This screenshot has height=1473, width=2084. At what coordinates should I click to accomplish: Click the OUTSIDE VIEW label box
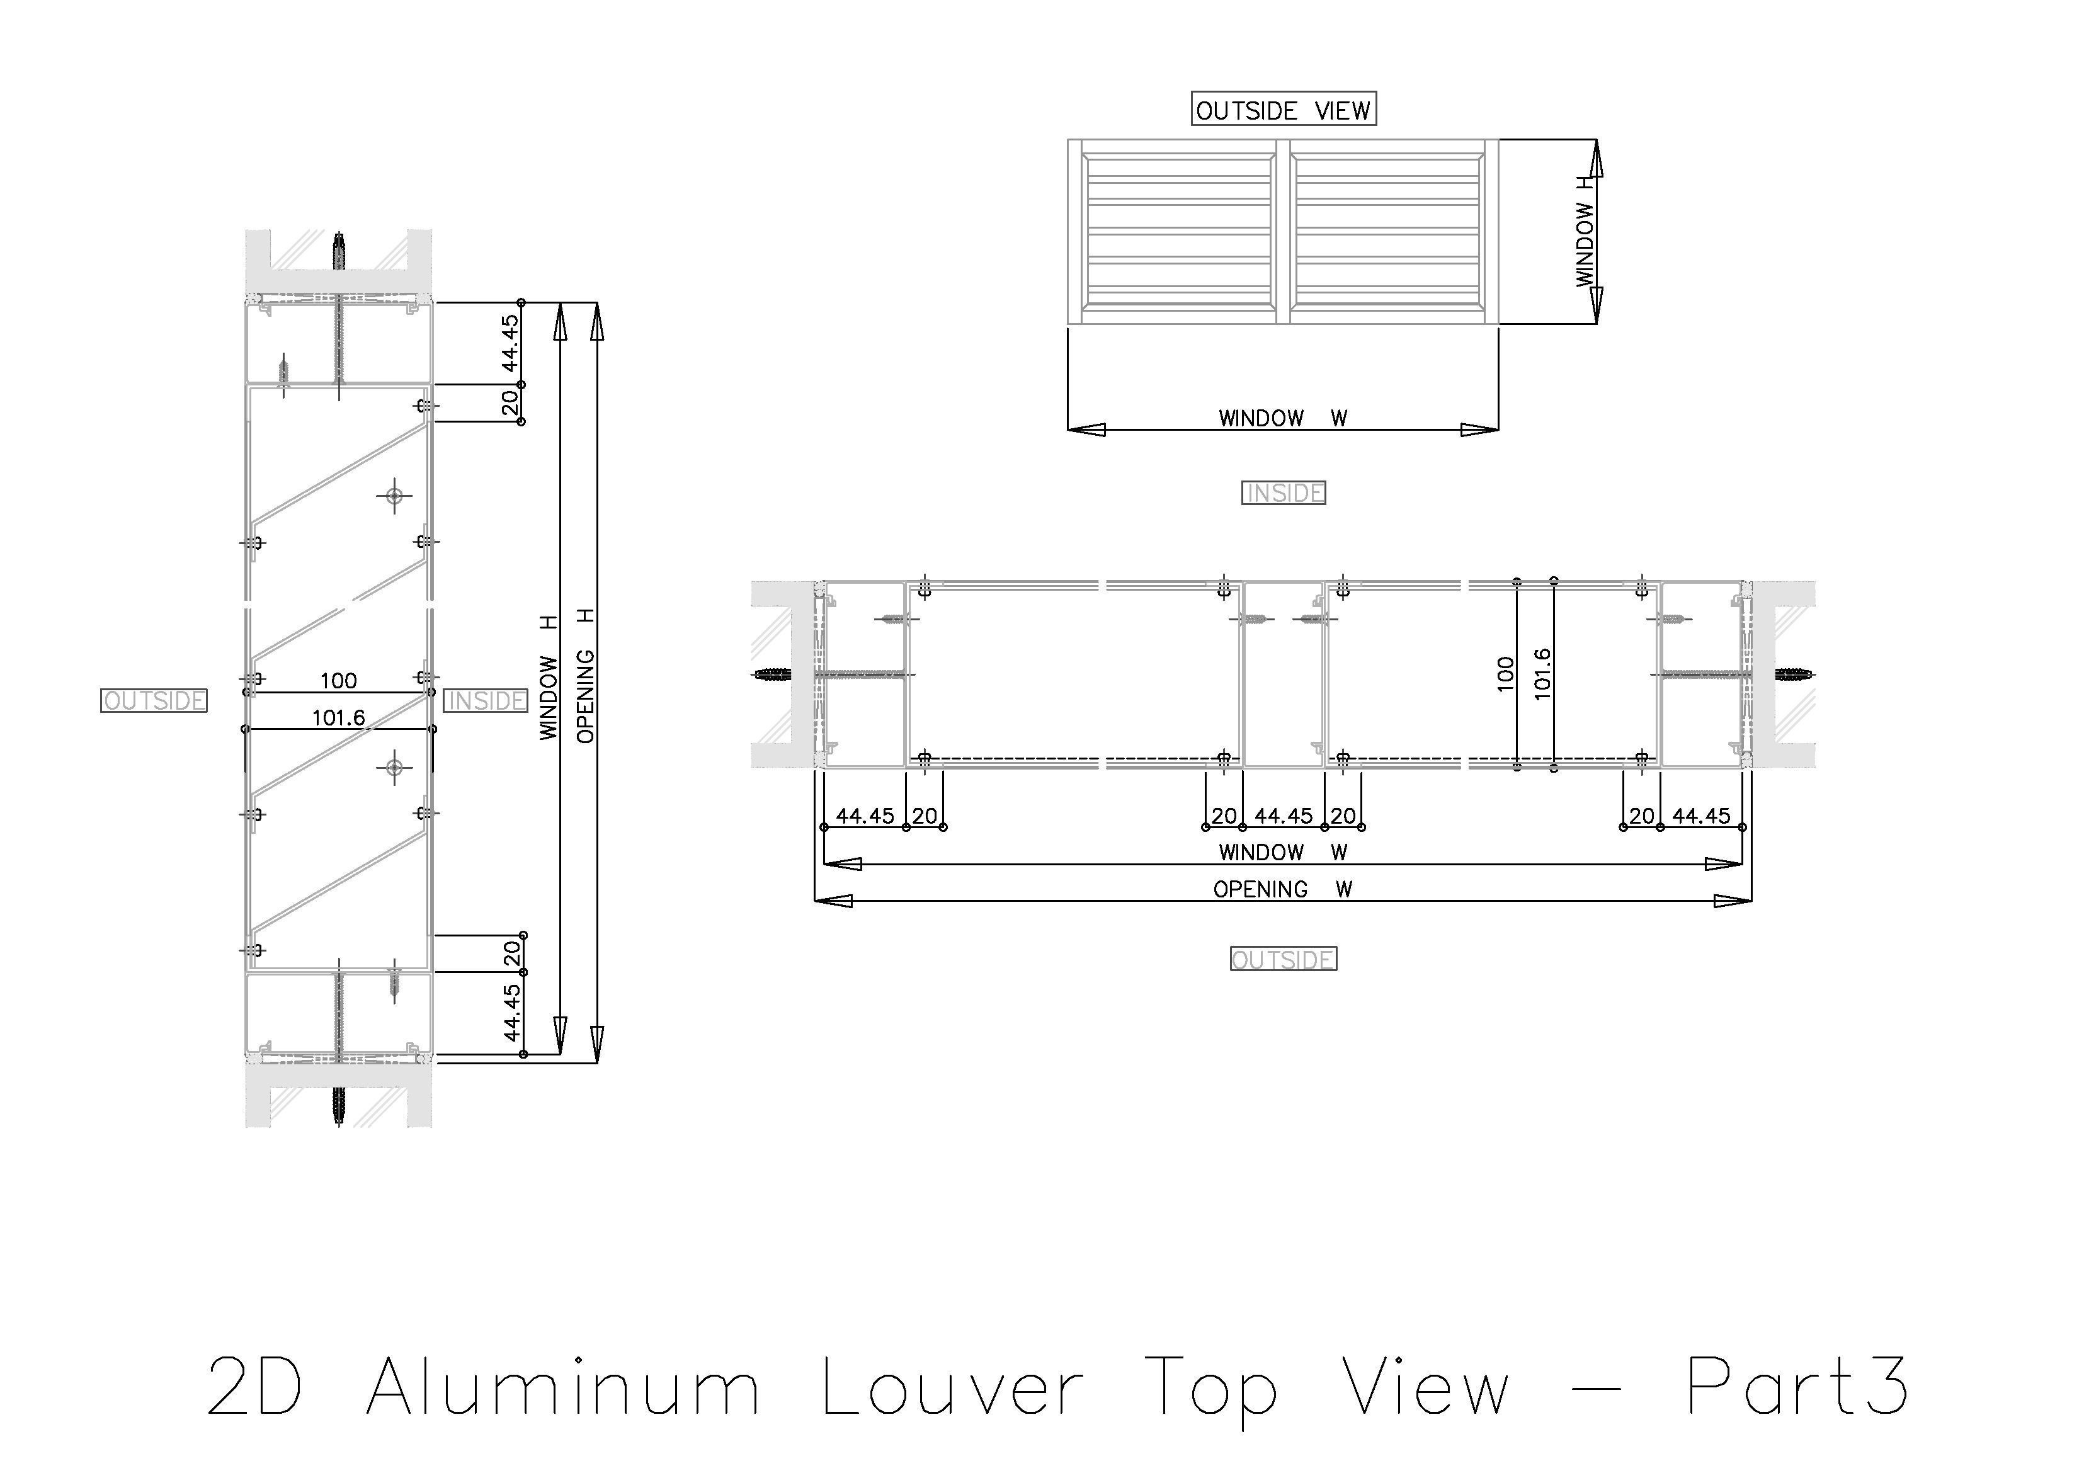(1282, 110)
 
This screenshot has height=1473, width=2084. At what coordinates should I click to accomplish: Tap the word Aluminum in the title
(563, 1386)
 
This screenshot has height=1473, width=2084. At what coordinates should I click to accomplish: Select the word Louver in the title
(952, 1386)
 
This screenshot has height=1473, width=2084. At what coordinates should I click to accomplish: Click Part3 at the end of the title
(1797, 1386)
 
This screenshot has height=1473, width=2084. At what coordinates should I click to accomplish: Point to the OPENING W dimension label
(1282, 889)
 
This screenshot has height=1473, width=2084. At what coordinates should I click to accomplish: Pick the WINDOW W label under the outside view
(1282, 418)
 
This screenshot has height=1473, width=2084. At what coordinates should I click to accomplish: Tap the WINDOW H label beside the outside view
(1585, 232)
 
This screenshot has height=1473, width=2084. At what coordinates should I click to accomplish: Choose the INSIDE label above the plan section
(1282, 493)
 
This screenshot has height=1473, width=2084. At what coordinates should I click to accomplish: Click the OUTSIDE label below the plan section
(1282, 959)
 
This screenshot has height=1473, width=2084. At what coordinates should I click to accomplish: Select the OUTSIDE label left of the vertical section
(154, 701)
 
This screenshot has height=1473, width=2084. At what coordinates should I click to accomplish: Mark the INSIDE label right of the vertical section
(486, 701)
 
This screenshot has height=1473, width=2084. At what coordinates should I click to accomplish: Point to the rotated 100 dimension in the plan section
(1505, 674)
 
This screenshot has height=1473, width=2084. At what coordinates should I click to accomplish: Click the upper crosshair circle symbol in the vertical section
(394, 496)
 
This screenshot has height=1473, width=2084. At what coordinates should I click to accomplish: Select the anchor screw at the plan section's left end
(772, 674)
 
